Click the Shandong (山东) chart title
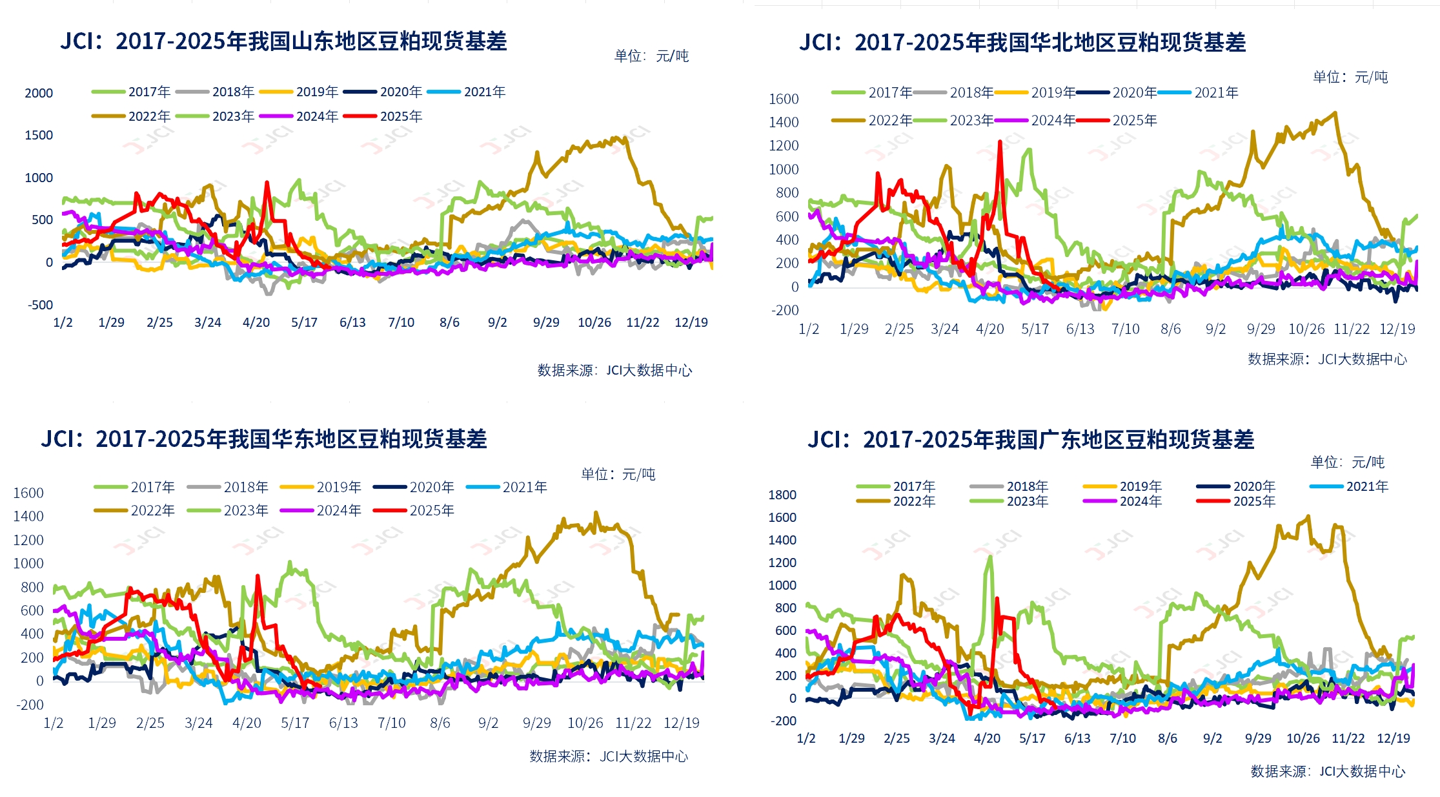click(283, 41)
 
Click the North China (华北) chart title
click(1022, 43)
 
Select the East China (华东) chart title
click(264, 439)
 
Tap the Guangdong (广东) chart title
click(1031, 440)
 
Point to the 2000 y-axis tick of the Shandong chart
click(39, 93)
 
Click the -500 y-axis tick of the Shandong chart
click(40, 305)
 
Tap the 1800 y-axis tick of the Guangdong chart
click(782, 495)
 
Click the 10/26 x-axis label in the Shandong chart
click(594, 322)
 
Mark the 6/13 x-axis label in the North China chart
click(1080, 329)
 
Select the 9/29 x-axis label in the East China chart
click(536, 723)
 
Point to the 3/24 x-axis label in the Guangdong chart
click(941, 738)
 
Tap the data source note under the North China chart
click(1326, 359)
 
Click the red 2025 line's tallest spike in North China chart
click(1000, 141)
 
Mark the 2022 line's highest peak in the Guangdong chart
click(1308, 516)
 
